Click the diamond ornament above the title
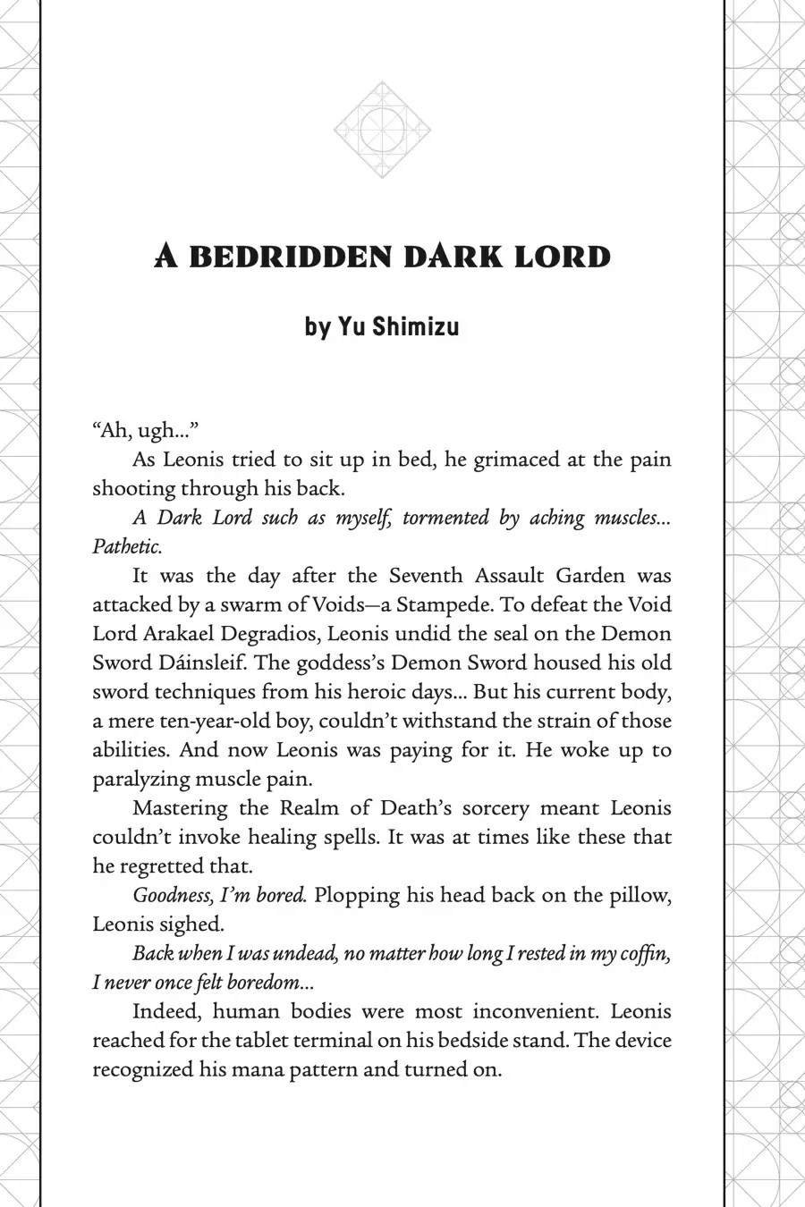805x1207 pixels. [x=383, y=130]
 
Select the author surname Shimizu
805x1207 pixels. [x=415, y=326]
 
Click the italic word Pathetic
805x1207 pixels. [x=127, y=546]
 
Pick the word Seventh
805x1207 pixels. [x=425, y=576]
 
